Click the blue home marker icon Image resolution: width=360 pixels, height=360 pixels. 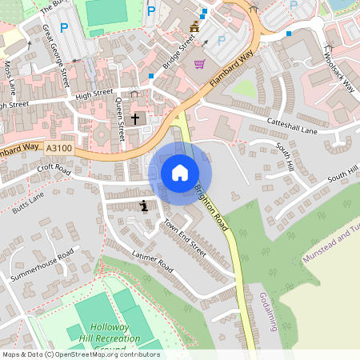[180, 173]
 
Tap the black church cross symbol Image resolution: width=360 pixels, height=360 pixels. [135, 119]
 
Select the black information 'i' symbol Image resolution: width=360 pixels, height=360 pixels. [144, 206]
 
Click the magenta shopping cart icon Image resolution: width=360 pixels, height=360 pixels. [199, 64]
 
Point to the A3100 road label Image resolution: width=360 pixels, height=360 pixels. [59, 148]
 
